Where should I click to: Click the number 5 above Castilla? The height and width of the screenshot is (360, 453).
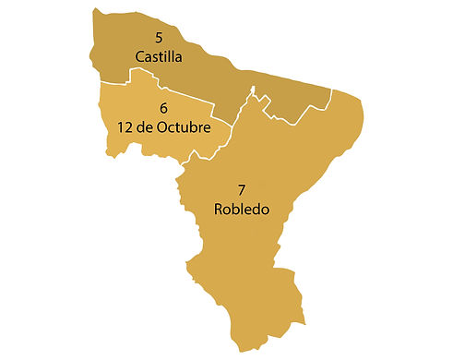(160, 38)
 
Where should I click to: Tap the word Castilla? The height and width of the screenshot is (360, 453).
(159, 57)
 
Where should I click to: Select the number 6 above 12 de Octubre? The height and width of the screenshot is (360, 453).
(163, 107)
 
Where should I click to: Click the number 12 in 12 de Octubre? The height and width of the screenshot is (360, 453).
(125, 126)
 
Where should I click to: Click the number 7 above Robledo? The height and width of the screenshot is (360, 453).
(242, 190)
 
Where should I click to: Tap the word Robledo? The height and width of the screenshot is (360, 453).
(242, 210)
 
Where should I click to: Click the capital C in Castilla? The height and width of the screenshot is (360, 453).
(140, 57)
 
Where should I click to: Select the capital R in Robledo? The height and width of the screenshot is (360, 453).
(219, 210)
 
